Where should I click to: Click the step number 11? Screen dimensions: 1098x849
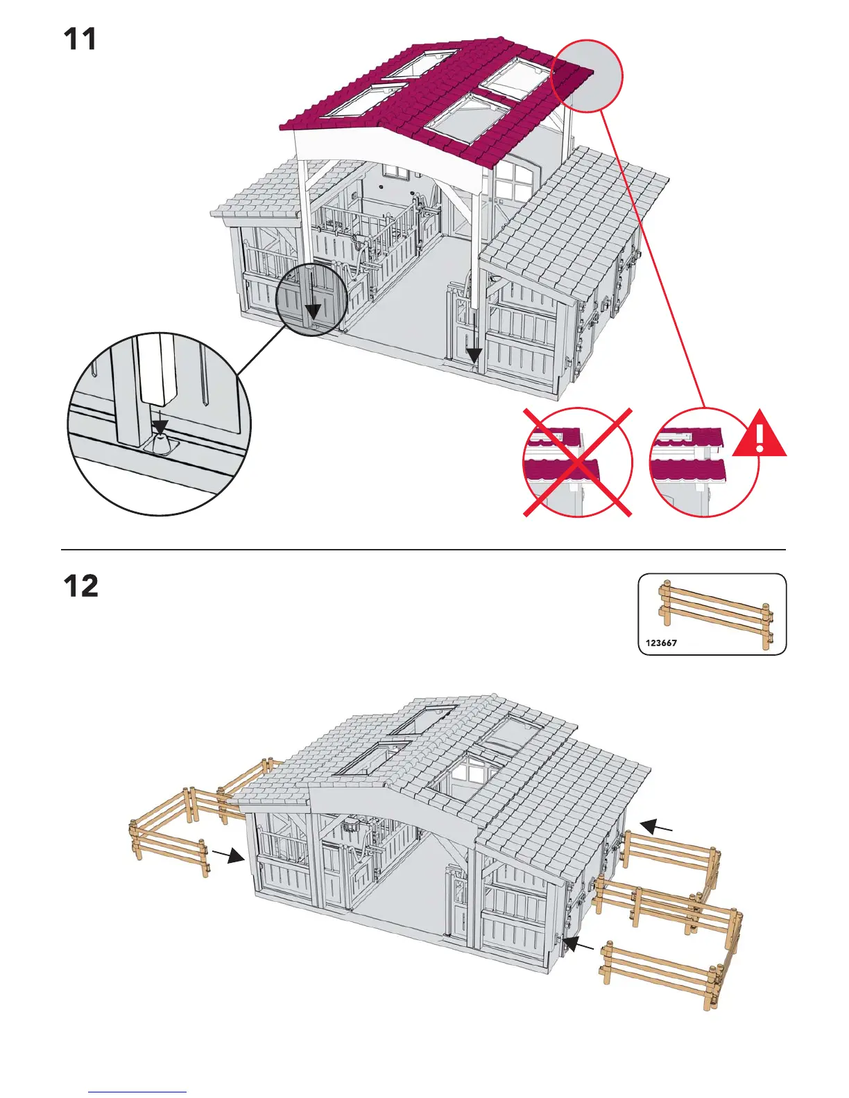(80, 40)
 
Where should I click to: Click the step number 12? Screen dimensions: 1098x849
(81, 586)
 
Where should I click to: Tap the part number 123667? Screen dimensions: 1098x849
(660, 643)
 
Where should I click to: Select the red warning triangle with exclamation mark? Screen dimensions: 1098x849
(760, 435)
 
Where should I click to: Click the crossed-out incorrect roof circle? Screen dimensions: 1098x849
(577, 462)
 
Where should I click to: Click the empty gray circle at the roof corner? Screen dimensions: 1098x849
(588, 76)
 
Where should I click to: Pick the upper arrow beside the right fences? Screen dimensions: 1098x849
(655, 826)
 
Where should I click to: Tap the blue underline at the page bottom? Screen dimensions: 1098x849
(137, 1092)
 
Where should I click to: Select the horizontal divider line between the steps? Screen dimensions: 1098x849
(423, 550)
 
